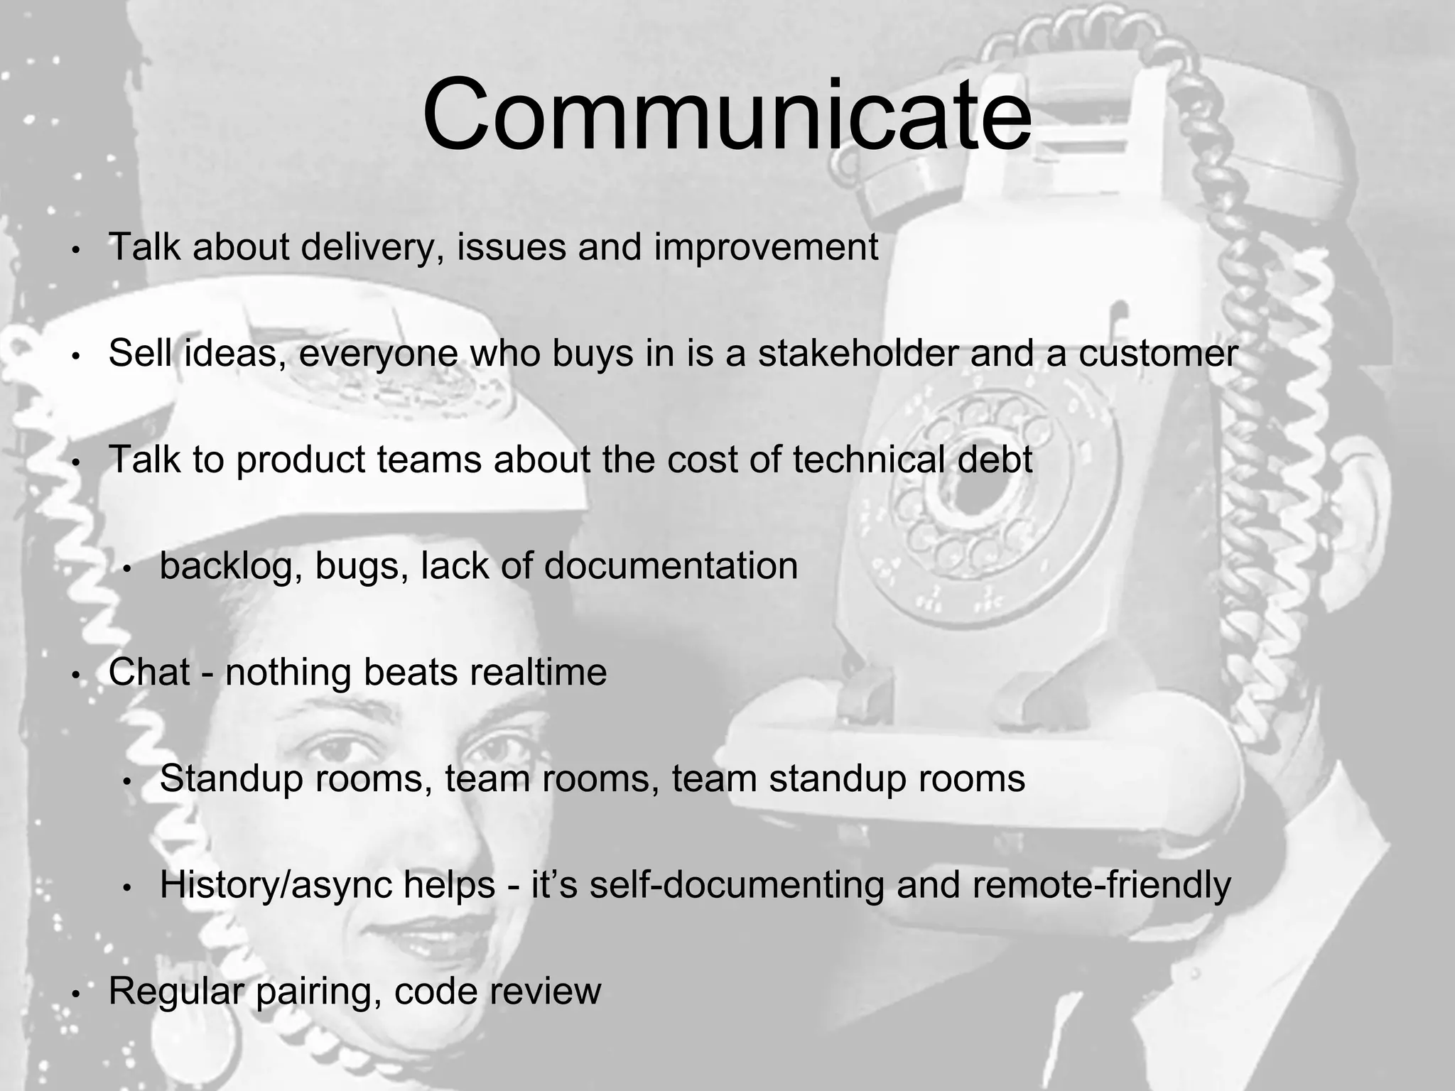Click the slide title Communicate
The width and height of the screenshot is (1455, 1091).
tap(727, 116)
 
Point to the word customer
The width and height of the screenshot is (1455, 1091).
tap(1158, 353)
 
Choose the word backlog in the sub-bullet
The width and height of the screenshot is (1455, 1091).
tap(227, 566)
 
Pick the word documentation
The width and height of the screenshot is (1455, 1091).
tap(671, 566)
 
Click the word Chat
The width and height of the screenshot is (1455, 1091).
tap(149, 672)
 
